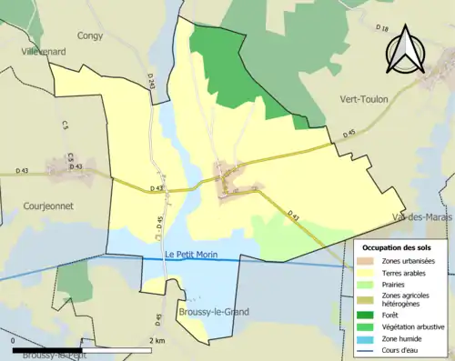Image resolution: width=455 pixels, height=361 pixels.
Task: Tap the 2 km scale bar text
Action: pos(157,340)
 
